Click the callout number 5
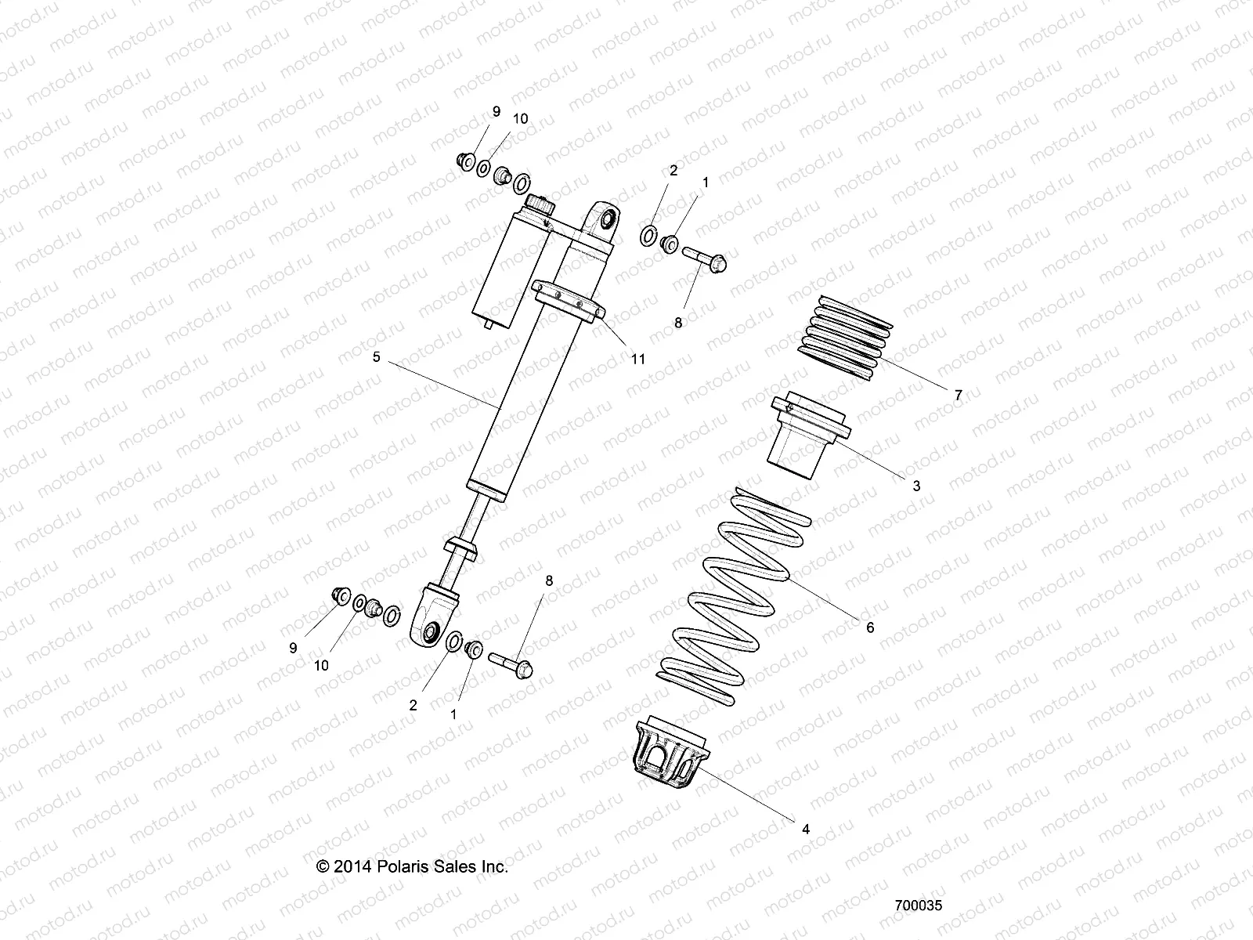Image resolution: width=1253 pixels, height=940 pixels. point(376,357)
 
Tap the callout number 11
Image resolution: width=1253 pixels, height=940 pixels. point(638,359)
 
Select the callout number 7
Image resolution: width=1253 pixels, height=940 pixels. point(958,396)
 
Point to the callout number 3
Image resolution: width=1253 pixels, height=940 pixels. point(916,486)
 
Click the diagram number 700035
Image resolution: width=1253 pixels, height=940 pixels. point(918,904)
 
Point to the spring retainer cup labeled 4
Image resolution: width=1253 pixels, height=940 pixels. point(670,760)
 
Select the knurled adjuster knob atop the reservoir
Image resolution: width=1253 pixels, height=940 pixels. point(540,205)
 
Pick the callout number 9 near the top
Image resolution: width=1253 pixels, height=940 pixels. point(495,112)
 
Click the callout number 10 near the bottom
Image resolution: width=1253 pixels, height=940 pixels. point(321,665)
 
